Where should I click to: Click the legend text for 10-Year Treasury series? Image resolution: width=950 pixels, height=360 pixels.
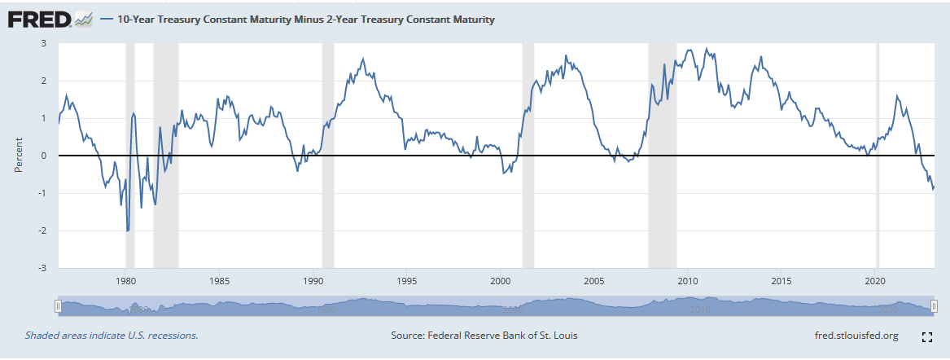tap(305, 19)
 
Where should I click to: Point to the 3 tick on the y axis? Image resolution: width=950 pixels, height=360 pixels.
tap(45, 43)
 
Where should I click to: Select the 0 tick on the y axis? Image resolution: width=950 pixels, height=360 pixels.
tap(45, 156)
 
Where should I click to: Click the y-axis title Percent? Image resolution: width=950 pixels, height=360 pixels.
tap(18, 156)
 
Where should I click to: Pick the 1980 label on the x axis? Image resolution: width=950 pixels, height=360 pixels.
tap(125, 281)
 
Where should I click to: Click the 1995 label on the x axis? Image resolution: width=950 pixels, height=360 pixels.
tap(407, 281)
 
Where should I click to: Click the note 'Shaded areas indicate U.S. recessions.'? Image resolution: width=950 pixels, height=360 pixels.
tap(112, 335)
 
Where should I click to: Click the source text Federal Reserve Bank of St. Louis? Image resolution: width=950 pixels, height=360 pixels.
tap(484, 335)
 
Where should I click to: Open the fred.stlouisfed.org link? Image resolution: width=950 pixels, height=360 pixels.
tap(856, 335)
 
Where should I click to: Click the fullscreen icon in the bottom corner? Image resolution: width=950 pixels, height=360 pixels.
tap(926, 336)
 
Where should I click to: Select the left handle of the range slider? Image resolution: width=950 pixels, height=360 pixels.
tap(57, 305)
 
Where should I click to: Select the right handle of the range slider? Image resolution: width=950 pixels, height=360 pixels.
tap(935, 305)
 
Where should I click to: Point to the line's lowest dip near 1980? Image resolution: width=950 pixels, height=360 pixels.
tap(127, 230)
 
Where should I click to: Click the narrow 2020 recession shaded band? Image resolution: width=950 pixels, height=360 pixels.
tap(878, 155)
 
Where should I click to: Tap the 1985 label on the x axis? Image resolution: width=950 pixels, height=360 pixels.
tap(219, 281)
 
